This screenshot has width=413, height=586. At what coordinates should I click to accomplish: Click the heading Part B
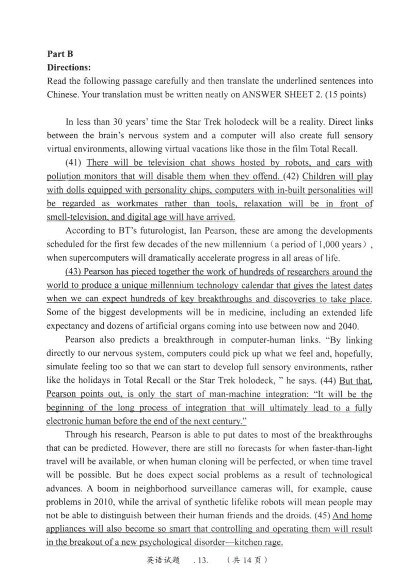coord(59,54)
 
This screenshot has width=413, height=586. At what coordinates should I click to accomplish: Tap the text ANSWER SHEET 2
coord(268,95)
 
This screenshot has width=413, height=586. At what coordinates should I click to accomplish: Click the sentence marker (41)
coord(75,163)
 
